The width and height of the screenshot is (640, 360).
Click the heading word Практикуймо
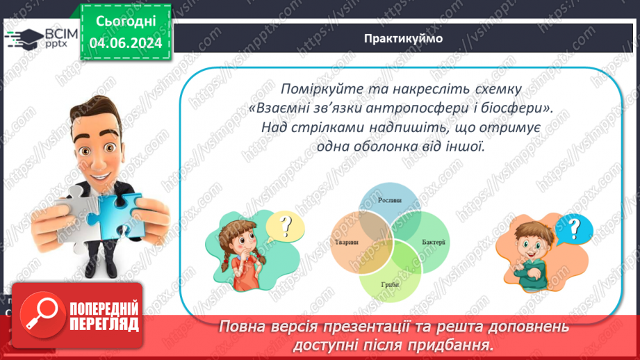click(x=403, y=38)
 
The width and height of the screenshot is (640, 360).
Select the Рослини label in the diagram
click(x=389, y=200)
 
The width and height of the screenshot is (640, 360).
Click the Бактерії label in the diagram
click(x=434, y=242)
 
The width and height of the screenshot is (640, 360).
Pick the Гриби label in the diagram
click(x=389, y=285)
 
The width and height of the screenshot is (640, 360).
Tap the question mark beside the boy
click(x=574, y=227)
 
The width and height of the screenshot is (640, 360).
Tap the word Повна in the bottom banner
click(x=240, y=327)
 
